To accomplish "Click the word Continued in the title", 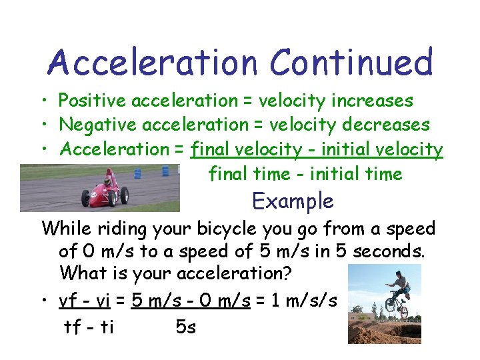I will tap(351, 63).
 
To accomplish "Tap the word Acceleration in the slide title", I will tap(152, 63).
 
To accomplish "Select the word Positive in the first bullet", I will tap(93, 101).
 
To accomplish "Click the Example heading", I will tap(293, 201).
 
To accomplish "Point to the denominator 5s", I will tap(186, 327).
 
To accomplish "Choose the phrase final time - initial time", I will tap(305, 175).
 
